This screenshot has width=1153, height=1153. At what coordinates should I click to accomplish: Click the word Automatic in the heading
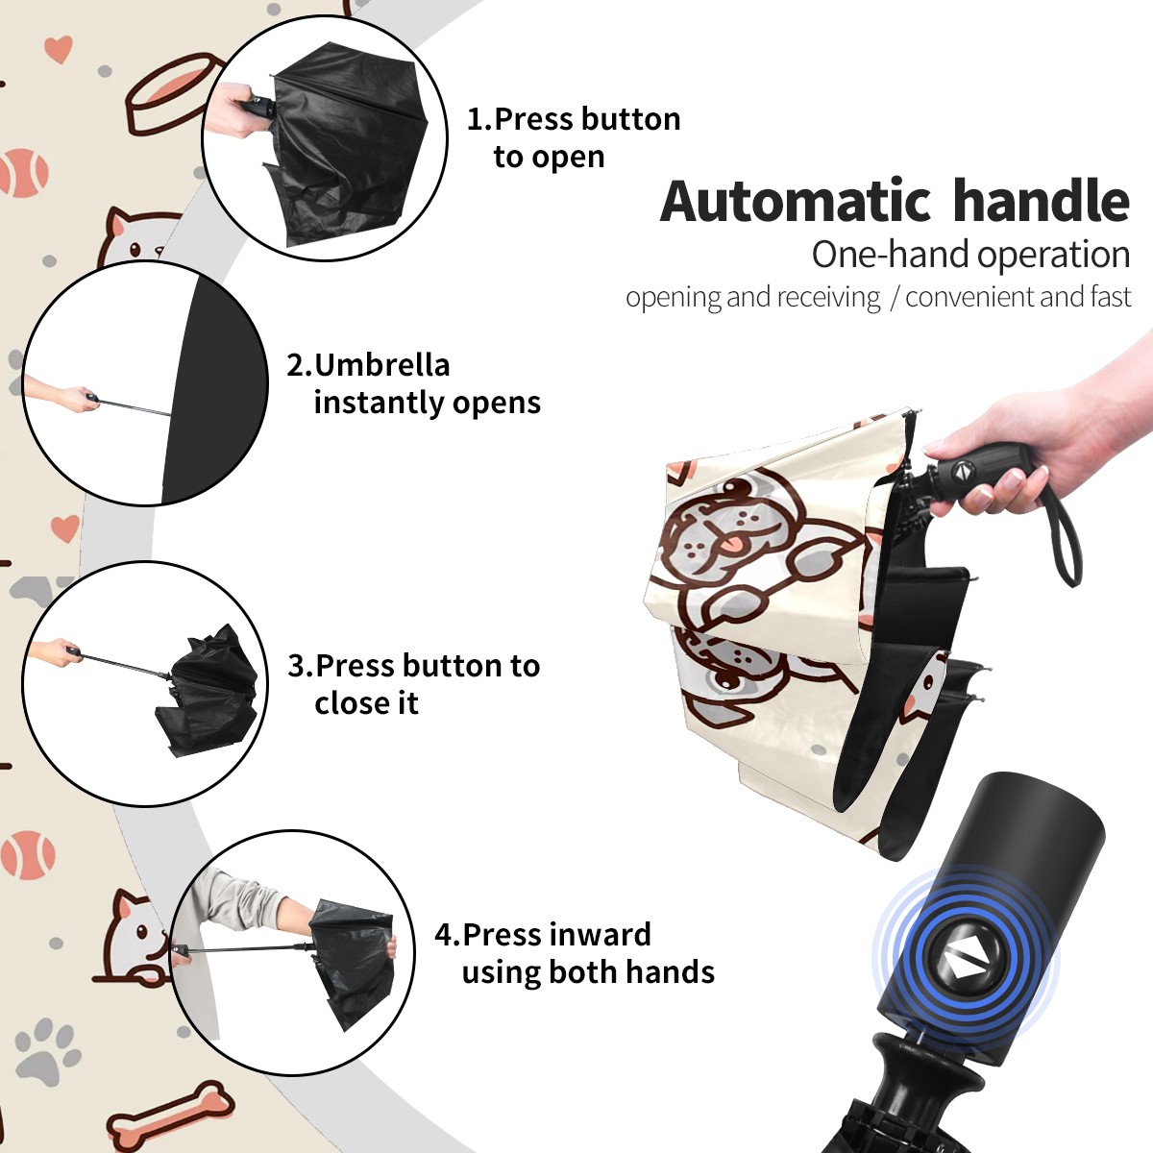tap(795, 201)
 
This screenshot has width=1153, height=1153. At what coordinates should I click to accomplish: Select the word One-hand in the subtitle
tap(892, 255)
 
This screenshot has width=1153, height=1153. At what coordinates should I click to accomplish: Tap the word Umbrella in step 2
tap(381, 365)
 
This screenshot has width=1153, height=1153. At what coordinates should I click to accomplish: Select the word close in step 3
tap(350, 702)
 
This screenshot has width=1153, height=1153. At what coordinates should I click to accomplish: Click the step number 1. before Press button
tap(478, 119)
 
